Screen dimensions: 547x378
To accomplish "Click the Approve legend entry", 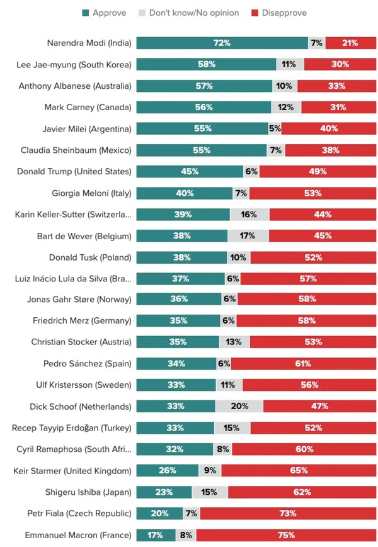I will (104, 13).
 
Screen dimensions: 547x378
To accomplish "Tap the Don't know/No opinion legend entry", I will (189, 13).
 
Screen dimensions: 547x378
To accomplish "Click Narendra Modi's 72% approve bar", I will (222, 43).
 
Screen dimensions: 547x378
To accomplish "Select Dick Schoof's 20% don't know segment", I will (239, 407).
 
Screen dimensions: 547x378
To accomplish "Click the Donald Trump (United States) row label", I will (91, 171).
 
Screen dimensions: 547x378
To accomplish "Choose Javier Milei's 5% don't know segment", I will (275, 128).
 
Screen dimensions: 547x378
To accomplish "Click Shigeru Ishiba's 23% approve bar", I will (164, 492).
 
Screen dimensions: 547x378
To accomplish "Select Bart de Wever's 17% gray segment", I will (248, 235).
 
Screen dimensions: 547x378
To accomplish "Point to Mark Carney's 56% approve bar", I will (203, 107).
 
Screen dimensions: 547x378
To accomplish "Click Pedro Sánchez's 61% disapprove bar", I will (303, 364).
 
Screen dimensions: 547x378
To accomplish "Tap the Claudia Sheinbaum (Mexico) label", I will (84, 150).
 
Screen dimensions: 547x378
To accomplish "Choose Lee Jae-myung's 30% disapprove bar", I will (340, 64).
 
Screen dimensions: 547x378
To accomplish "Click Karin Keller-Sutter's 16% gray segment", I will (249, 214).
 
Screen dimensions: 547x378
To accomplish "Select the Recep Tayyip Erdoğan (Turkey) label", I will (72, 428).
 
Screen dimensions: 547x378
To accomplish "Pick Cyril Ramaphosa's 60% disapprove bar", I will (304, 449).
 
